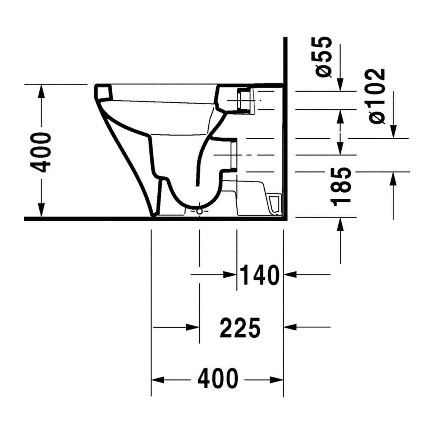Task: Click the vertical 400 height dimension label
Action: [x=41, y=152]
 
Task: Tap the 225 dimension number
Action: [x=240, y=327]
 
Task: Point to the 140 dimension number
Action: [x=260, y=275]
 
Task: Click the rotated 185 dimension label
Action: [x=341, y=187]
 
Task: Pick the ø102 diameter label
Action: [x=376, y=96]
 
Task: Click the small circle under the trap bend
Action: [x=200, y=211]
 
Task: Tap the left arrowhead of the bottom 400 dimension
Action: [x=158, y=380]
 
